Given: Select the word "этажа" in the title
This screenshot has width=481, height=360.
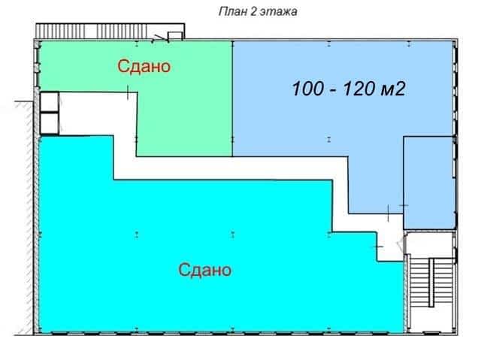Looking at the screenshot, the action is click(x=279, y=12).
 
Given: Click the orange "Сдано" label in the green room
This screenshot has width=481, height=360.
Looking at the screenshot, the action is click(x=144, y=66).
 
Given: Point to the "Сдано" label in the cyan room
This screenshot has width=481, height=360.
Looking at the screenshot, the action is click(x=205, y=270).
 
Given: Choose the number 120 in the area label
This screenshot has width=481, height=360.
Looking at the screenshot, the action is click(x=358, y=89).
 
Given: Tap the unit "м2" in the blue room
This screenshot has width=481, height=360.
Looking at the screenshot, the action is click(x=392, y=89).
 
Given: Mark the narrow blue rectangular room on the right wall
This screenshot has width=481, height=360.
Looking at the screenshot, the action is click(x=428, y=183).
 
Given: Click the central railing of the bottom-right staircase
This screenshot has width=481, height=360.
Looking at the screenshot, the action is click(x=431, y=282).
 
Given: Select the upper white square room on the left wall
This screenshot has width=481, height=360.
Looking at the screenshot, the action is click(x=50, y=101).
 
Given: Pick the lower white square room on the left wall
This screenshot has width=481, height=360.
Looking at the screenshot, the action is click(x=50, y=123).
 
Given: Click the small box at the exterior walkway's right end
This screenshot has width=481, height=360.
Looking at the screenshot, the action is click(x=175, y=36).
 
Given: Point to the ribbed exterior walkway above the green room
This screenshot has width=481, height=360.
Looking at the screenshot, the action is click(x=110, y=32).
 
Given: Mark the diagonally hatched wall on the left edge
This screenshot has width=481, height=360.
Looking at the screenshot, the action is click(x=27, y=218).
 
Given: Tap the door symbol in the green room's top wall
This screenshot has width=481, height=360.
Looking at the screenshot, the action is click(x=160, y=38).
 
